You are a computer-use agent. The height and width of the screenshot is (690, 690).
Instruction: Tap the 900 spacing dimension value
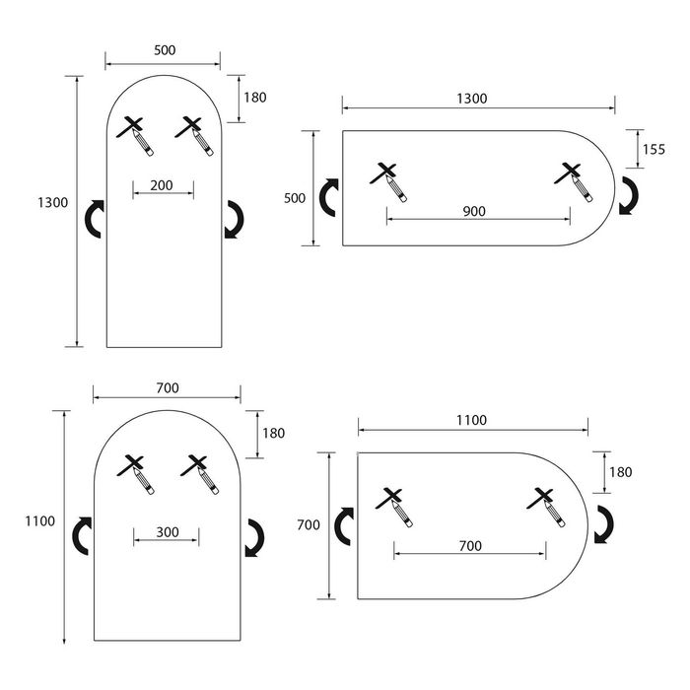(474, 211)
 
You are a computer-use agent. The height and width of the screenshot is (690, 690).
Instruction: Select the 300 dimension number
(167, 532)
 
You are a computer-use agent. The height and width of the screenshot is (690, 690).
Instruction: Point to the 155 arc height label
(654, 149)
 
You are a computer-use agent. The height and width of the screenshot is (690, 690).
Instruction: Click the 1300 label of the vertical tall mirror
(52, 203)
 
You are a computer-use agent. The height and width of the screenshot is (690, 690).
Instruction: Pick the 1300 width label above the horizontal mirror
(472, 99)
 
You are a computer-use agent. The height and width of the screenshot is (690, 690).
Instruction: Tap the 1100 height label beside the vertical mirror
(40, 520)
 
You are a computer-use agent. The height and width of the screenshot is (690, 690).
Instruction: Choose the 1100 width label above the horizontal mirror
(471, 420)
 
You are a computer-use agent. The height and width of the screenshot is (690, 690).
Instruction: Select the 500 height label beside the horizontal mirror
(295, 198)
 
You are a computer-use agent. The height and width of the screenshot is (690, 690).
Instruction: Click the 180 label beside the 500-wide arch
(254, 98)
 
